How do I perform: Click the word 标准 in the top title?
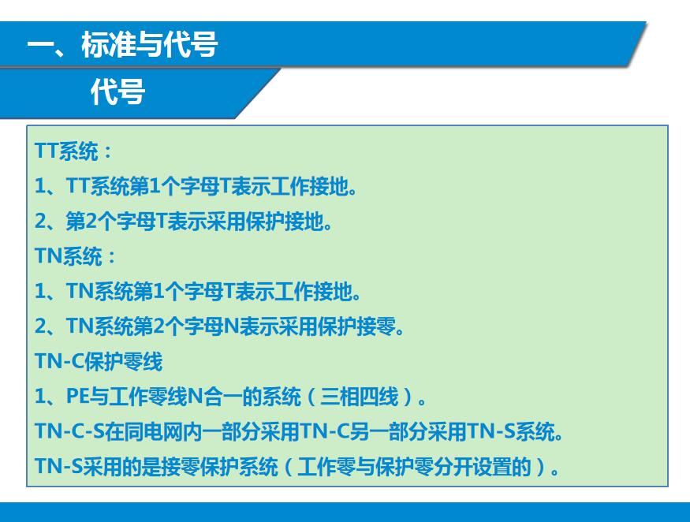pos(107,44)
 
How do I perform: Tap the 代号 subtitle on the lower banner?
pos(117,91)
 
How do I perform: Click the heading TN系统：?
pos(76,255)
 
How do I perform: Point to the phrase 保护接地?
pos(285,221)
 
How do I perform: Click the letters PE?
pos(77,396)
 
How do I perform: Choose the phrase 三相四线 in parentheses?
pos(360,396)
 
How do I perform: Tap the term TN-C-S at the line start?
pos(69,431)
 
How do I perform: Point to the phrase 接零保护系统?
pos(219,466)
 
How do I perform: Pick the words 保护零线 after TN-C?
pos(123,361)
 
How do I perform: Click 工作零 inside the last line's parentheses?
pos(326,466)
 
